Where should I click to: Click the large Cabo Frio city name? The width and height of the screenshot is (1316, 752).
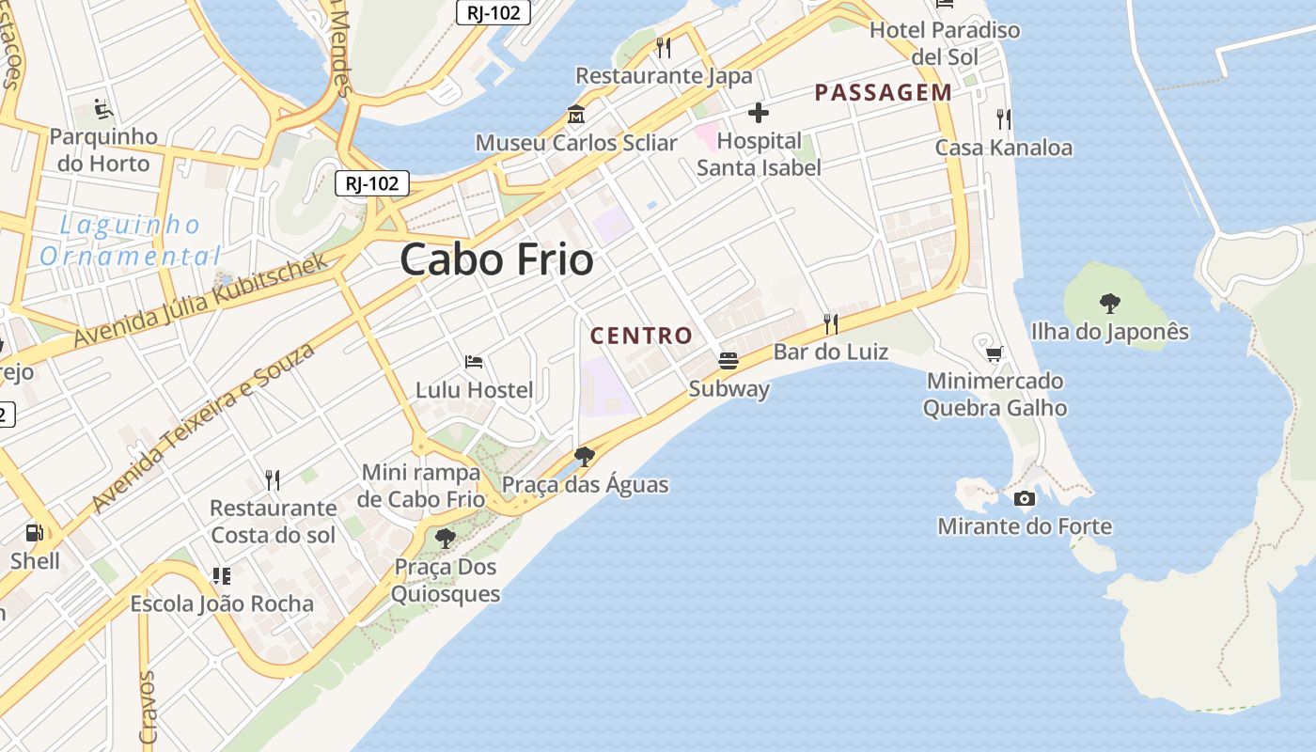tap(496, 259)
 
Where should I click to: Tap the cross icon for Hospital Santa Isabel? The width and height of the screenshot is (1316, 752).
tap(758, 114)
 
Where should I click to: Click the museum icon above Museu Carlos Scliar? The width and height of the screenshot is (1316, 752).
tap(575, 115)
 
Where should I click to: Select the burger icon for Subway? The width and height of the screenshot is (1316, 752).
tap(728, 360)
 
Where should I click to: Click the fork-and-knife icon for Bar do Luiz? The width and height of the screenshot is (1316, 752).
tap(830, 324)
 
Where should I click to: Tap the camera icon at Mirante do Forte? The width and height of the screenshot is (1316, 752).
tap(1024, 498)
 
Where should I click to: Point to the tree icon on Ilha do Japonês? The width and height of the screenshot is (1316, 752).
tap(1109, 303)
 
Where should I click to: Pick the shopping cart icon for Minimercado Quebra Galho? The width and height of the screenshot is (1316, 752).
tap(994, 353)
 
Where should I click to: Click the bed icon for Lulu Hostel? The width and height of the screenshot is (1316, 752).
tap(474, 362)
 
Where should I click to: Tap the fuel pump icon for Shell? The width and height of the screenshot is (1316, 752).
tap(35, 533)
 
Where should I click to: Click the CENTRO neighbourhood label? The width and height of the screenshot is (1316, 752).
tap(641, 336)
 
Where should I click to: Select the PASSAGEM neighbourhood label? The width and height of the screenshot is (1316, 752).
tap(883, 92)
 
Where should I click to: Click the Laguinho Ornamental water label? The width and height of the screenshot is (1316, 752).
tap(130, 241)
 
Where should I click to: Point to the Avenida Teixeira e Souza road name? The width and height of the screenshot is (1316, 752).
tap(203, 428)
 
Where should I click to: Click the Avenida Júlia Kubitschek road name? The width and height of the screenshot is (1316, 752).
tap(201, 300)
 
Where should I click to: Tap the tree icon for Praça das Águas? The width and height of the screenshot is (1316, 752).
tap(584, 457)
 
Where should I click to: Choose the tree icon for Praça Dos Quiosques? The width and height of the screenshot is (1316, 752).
tap(445, 539)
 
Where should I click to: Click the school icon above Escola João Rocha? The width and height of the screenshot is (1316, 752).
tap(221, 575)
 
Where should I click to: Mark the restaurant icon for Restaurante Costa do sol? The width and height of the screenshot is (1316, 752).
tap(272, 480)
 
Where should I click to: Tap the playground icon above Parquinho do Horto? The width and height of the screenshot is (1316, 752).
tap(103, 109)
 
